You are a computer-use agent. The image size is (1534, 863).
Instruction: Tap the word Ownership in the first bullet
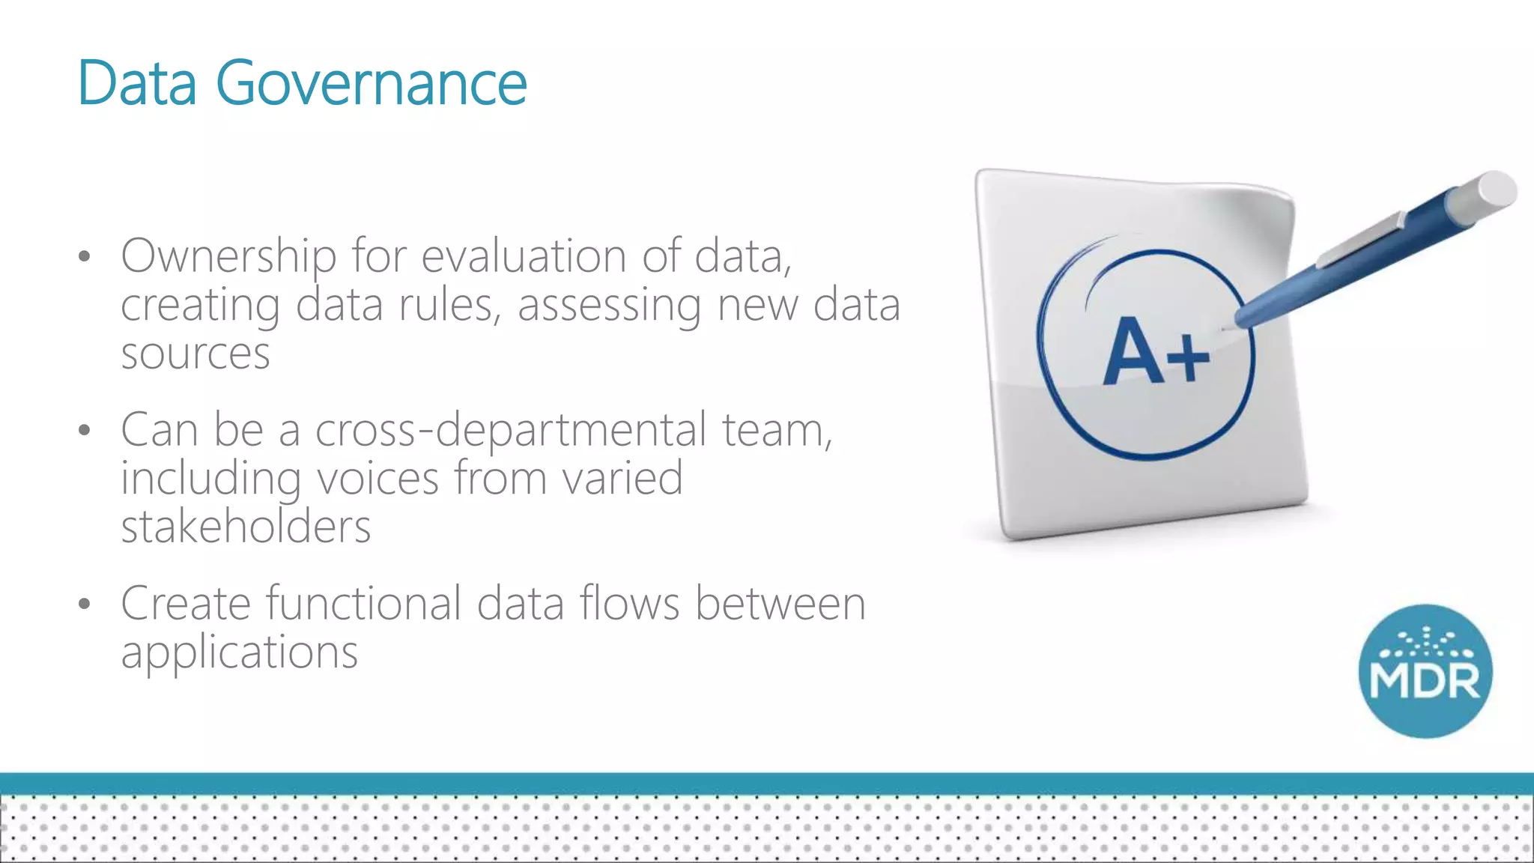coord(228,256)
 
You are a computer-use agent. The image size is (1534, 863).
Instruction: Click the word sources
coord(195,353)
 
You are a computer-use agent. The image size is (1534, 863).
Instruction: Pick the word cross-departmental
coord(511,430)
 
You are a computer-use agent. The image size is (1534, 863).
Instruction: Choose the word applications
coord(240,652)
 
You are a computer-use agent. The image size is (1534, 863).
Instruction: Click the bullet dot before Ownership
coord(84,257)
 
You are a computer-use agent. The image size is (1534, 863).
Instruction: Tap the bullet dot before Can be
coord(84,431)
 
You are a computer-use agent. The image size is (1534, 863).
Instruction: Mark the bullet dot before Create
coord(84,604)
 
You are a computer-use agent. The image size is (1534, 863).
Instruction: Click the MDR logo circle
coord(1425,671)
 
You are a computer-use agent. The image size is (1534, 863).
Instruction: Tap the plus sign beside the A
coord(1188,357)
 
